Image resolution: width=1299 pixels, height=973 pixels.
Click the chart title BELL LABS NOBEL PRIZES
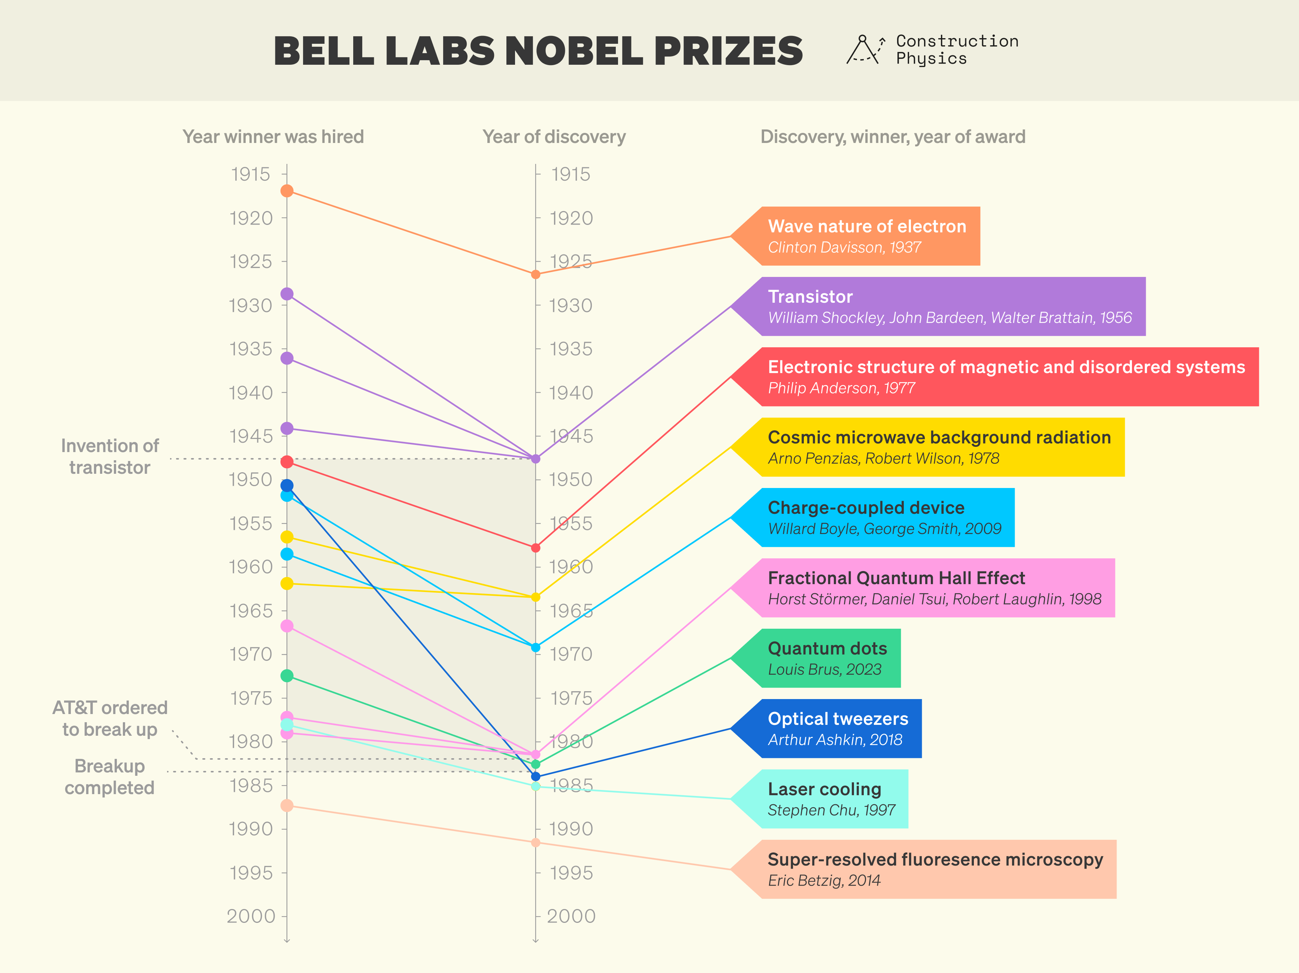[x=538, y=51]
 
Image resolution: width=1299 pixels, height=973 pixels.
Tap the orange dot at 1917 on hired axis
[x=287, y=191]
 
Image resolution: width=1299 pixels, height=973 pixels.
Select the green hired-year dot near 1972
[x=287, y=676]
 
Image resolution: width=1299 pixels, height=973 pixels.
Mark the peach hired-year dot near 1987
[x=287, y=806]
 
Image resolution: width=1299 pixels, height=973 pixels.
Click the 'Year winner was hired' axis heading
[x=273, y=137]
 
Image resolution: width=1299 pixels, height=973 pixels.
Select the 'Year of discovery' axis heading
[x=554, y=137]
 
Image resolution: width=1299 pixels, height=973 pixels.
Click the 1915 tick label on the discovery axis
[x=571, y=174]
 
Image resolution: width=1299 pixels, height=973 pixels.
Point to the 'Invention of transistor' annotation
[x=110, y=457]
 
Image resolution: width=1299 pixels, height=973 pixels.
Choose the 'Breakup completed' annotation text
[x=110, y=777]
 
